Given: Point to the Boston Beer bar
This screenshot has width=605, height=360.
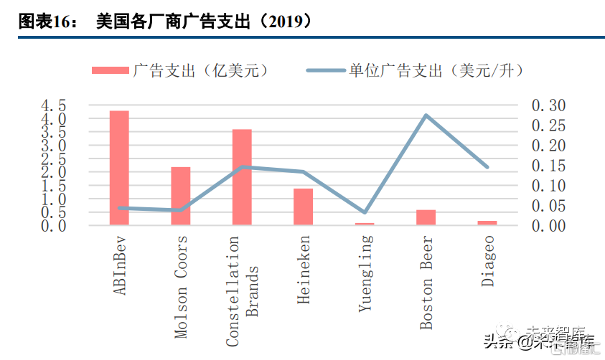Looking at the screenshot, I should click(426, 217).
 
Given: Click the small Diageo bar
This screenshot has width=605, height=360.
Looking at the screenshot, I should click(487, 222).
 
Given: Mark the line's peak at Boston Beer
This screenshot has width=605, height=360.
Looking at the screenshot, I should click(426, 115).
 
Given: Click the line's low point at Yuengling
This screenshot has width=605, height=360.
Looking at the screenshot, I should click(365, 212).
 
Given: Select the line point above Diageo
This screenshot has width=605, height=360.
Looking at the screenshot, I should click(487, 167).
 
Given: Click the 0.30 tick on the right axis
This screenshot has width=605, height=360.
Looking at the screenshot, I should click(548, 105).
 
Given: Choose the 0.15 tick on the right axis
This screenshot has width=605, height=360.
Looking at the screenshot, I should click(548, 166).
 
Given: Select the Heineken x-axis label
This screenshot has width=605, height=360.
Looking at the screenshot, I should click(304, 270).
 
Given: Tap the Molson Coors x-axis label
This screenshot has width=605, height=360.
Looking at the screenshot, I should click(181, 287).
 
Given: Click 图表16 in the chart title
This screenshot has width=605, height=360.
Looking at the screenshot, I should click(47, 22).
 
